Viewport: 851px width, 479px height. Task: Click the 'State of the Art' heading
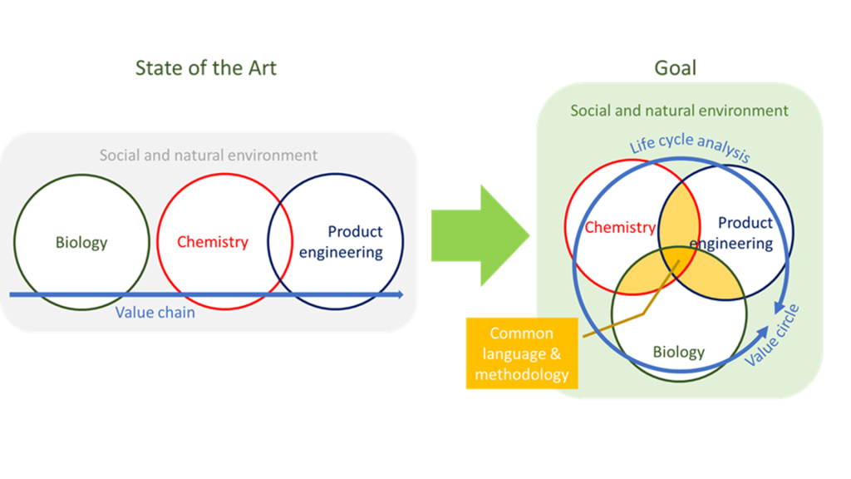click(205, 68)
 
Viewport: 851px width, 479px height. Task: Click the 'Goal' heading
click(675, 68)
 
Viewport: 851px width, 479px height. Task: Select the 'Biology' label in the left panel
click(81, 243)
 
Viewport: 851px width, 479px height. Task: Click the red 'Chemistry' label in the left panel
click(213, 242)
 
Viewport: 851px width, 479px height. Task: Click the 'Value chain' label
click(155, 313)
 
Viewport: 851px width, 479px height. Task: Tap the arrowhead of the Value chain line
click(400, 294)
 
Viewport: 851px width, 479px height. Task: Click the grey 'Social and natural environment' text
click(209, 155)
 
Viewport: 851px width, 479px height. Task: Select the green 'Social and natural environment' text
click(679, 110)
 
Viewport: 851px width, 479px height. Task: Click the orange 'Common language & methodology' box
click(521, 353)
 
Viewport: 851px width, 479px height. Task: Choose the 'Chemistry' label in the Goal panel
click(619, 227)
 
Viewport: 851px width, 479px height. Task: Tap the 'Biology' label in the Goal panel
click(678, 352)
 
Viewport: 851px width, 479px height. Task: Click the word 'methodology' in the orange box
click(521, 374)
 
